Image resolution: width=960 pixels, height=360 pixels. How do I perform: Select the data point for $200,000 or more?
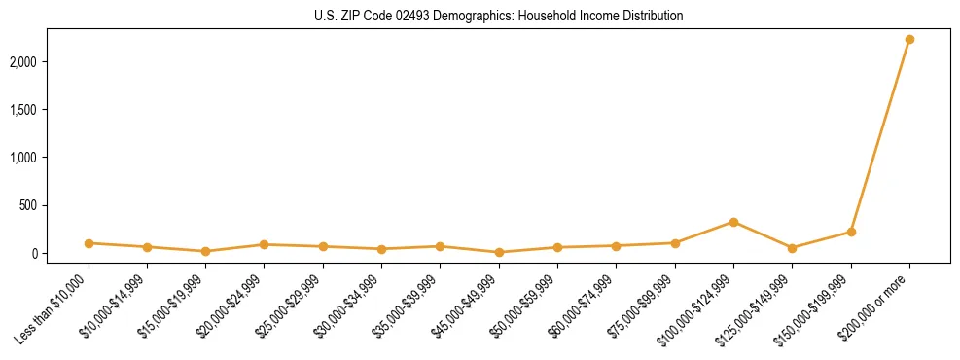click(909, 40)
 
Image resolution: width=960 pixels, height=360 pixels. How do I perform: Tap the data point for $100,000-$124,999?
click(733, 222)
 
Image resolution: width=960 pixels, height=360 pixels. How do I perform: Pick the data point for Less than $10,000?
click(89, 243)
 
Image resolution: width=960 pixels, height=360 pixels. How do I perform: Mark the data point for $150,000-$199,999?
click(851, 232)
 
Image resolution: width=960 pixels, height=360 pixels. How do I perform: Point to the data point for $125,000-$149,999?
click(792, 248)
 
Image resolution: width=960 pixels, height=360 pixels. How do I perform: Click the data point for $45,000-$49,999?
click(499, 252)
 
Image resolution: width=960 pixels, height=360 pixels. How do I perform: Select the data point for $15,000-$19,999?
click(205, 251)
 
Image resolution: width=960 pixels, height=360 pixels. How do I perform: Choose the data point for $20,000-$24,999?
click(264, 244)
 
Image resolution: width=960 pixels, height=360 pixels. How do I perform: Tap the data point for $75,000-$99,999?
click(675, 243)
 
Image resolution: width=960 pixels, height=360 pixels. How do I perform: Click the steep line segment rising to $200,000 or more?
click(880, 136)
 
